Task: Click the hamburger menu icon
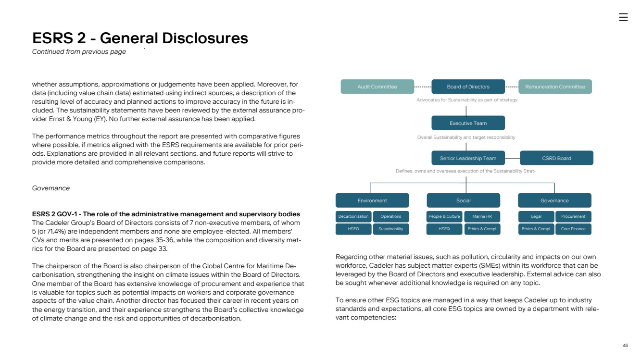pyautogui.click(x=623, y=17)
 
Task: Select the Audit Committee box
pyautogui.click(x=377, y=87)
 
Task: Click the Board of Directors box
pyautogui.click(x=468, y=87)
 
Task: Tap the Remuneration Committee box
pyautogui.click(x=555, y=87)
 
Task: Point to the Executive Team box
pyautogui.click(x=468, y=123)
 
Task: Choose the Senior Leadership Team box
pyautogui.click(x=468, y=158)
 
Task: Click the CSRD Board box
pyautogui.click(x=556, y=158)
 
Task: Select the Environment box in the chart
pyautogui.click(x=372, y=200)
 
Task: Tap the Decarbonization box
pyautogui.click(x=353, y=216)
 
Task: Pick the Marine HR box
pyautogui.click(x=482, y=216)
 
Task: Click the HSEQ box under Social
pyautogui.click(x=444, y=229)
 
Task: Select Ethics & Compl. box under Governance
pyautogui.click(x=536, y=229)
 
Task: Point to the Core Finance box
pyautogui.click(x=573, y=229)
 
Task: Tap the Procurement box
pyautogui.click(x=573, y=216)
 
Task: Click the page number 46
pyautogui.click(x=625, y=346)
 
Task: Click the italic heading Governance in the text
pyautogui.click(x=50, y=188)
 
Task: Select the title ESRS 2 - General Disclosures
pyautogui.click(x=140, y=38)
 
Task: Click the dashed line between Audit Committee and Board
pyautogui.click(x=423, y=87)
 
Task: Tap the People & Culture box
pyautogui.click(x=444, y=216)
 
